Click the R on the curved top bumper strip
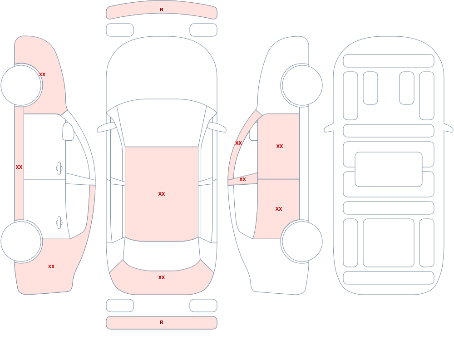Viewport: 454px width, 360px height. (162, 10)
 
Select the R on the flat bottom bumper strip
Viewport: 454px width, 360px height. (162, 322)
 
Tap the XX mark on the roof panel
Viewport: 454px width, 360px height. (162, 194)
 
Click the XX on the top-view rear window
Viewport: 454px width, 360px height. (162, 277)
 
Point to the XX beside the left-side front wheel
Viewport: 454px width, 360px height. (42, 74)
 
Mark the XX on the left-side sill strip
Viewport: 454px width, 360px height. (19, 167)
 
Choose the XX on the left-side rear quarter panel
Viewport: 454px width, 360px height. (51, 266)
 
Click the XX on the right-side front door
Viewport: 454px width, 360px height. (280, 146)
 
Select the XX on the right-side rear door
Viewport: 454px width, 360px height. (279, 209)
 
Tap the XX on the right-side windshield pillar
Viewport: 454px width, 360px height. (239, 143)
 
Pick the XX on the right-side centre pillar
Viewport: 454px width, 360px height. (242, 180)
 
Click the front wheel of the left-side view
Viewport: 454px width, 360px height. (21, 85)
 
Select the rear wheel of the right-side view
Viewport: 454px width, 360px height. (302, 242)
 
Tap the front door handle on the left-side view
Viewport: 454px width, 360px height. (59, 168)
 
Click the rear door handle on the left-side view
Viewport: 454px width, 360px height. (59, 223)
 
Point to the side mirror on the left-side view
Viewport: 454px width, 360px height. (68, 132)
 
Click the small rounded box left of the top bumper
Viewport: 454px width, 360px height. (120, 30)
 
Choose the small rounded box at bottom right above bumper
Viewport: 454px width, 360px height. (203, 306)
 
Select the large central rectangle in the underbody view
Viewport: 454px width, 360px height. (389, 169)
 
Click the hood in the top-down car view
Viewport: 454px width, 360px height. (162, 69)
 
